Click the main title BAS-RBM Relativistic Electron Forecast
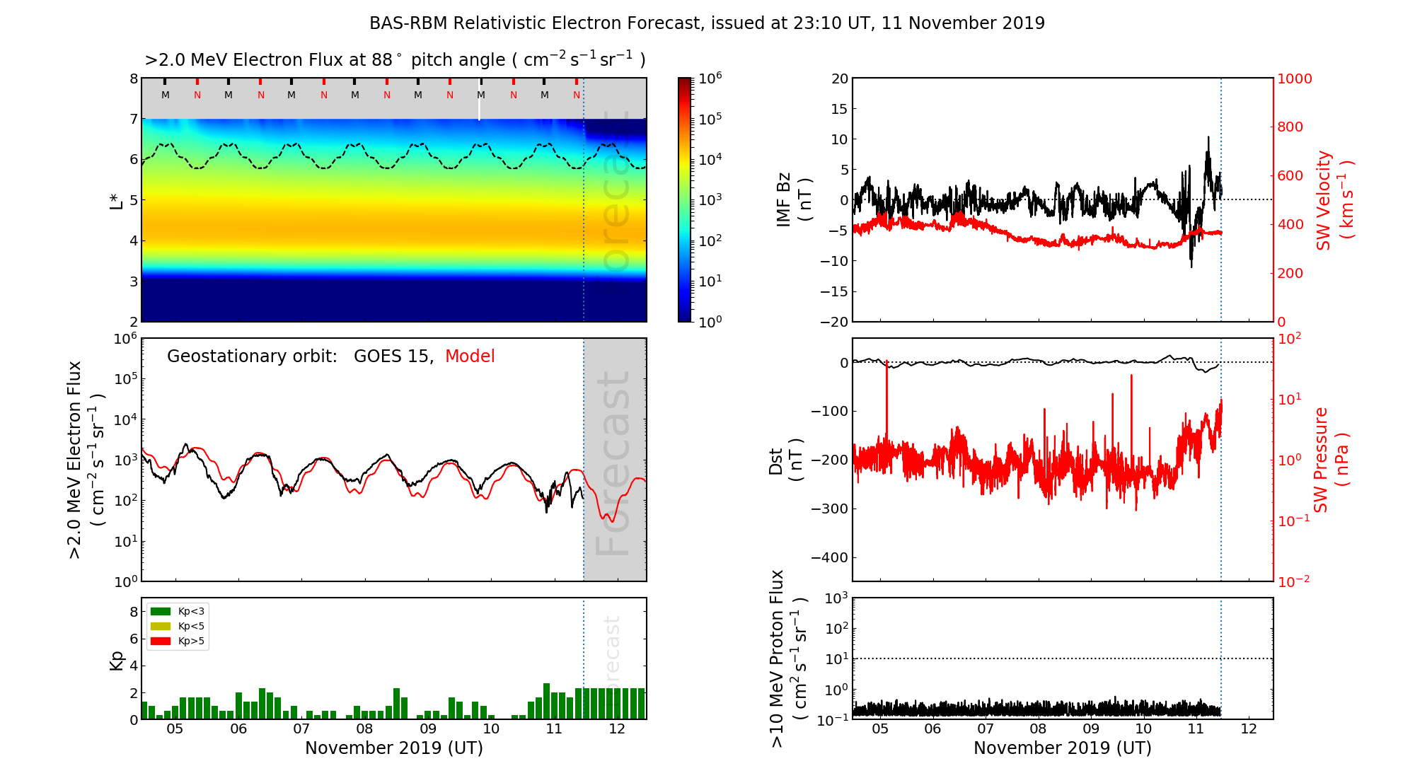[706, 23]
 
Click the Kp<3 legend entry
[191, 611]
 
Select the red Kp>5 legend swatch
[161, 641]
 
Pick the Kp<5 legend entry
[191, 626]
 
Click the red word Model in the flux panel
[470, 356]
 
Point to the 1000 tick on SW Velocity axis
[1294, 79]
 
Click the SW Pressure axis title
[1332, 460]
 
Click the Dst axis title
[785, 460]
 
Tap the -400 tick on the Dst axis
[829, 557]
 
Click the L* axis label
[116, 200]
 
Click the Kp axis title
[117, 660]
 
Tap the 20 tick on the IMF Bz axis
[840, 79]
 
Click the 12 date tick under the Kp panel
[617, 729]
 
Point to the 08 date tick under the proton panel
[1038, 729]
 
